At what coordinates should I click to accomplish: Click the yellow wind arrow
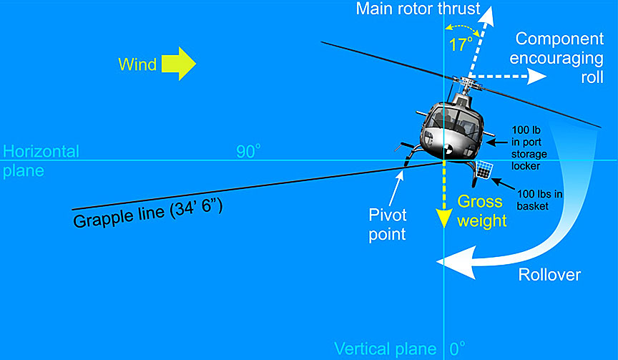pyautogui.click(x=178, y=64)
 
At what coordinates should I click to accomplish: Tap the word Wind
pyautogui.click(x=137, y=64)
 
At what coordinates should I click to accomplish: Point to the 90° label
pyautogui.click(x=248, y=151)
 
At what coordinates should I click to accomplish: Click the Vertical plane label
pyautogui.click(x=386, y=349)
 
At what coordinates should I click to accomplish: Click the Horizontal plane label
pyautogui.click(x=41, y=160)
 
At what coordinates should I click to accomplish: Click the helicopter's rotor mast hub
pyautogui.click(x=467, y=87)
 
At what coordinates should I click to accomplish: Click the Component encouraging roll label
pyautogui.click(x=560, y=57)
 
